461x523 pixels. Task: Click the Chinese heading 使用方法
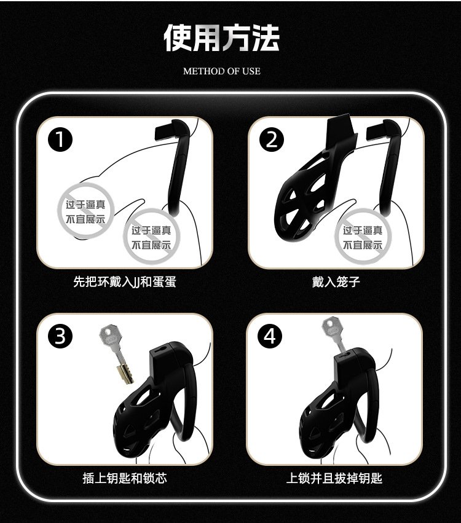click(x=221, y=37)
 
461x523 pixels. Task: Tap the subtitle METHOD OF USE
click(x=222, y=71)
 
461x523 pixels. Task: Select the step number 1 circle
click(x=60, y=140)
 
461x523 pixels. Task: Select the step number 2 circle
click(x=272, y=140)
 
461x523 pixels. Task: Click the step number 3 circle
click(x=60, y=336)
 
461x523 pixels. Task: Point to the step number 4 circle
click(x=270, y=336)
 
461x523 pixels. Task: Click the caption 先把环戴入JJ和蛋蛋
click(x=124, y=282)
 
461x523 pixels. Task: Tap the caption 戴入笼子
click(x=336, y=282)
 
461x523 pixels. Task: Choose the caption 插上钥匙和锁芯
click(x=124, y=478)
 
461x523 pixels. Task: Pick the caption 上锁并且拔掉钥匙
click(x=334, y=478)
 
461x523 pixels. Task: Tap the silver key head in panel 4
click(x=331, y=328)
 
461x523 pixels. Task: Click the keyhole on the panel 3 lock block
click(x=161, y=349)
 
